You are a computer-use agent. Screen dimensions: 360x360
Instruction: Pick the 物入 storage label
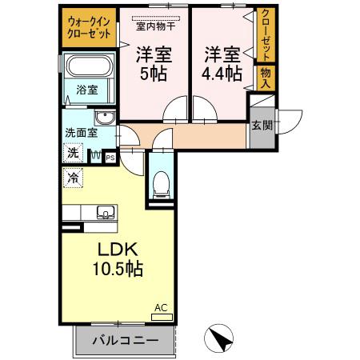pyautogui.click(x=265, y=78)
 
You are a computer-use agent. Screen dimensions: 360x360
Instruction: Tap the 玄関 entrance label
pyautogui.click(x=260, y=125)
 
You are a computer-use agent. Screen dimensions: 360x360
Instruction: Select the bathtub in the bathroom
pyautogui.click(x=87, y=69)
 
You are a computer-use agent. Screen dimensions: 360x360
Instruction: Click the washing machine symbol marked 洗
pyautogui.click(x=72, y=152)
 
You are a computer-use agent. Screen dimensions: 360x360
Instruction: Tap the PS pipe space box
pyautogui.click(x=110, y=157)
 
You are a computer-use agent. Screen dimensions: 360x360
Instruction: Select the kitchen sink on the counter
pyautogui.click(x=105, y=213)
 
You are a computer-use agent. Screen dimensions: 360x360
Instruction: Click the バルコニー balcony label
pyautogui.click(x=124, y=340)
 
